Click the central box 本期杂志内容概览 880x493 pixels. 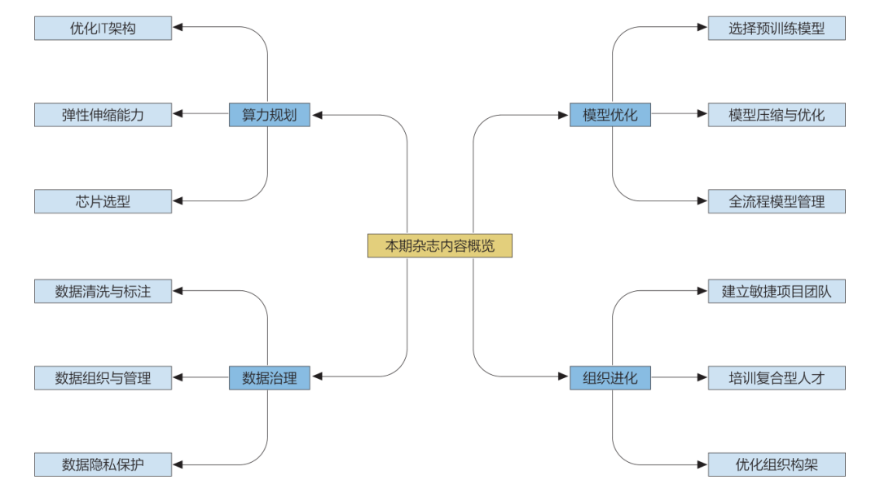point(440,245)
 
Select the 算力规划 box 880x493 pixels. point(270,114)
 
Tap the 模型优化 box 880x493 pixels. point(610,114)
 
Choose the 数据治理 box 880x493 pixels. point(270,377)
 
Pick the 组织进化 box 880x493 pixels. point(610,377)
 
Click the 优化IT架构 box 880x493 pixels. point(103,28)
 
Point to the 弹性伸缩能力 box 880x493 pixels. point(103,114)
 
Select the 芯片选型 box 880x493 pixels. point(103,201)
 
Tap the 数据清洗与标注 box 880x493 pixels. point(103,290)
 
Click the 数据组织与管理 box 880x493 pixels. point(103,377)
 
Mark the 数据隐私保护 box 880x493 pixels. point(103,464)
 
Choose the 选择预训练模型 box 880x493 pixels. point(777,28)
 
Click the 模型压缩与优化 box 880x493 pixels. point(777,114)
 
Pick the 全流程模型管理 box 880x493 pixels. point(777,201)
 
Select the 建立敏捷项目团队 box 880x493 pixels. point(777,290)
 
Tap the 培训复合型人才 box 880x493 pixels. point(777,377)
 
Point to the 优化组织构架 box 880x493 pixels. point(777,464)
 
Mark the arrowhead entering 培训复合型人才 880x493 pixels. point(702,377)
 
